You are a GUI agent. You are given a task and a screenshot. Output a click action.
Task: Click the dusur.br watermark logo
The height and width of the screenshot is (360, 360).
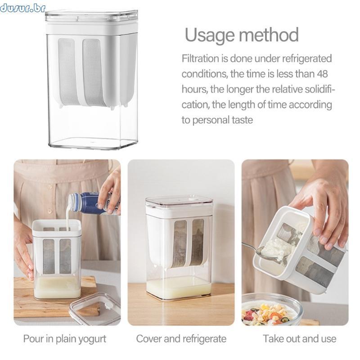[x=22, y=8]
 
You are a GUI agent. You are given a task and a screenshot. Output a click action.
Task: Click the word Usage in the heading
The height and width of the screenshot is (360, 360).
[x=210, y=35]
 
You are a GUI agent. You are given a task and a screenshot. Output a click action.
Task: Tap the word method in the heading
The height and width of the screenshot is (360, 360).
[x=269, y=35]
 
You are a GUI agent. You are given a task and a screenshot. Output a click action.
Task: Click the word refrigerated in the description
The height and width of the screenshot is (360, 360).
[x=307, y=59]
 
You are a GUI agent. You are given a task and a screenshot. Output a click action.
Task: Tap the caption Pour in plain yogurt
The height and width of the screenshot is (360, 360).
[x=65, y=339]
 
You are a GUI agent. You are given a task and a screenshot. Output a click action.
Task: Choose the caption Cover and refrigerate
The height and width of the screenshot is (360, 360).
[x=181, y=339]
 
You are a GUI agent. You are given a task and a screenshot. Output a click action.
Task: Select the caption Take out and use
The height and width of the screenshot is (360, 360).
[x=299, y=339]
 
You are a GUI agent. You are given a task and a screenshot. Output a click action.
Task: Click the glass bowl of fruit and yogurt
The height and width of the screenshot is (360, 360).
[x=271, y=310]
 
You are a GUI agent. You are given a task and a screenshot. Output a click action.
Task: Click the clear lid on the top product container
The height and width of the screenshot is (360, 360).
[x=92, y=16]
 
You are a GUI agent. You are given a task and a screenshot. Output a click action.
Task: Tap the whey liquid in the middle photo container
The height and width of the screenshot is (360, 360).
[x=179, y=288]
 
